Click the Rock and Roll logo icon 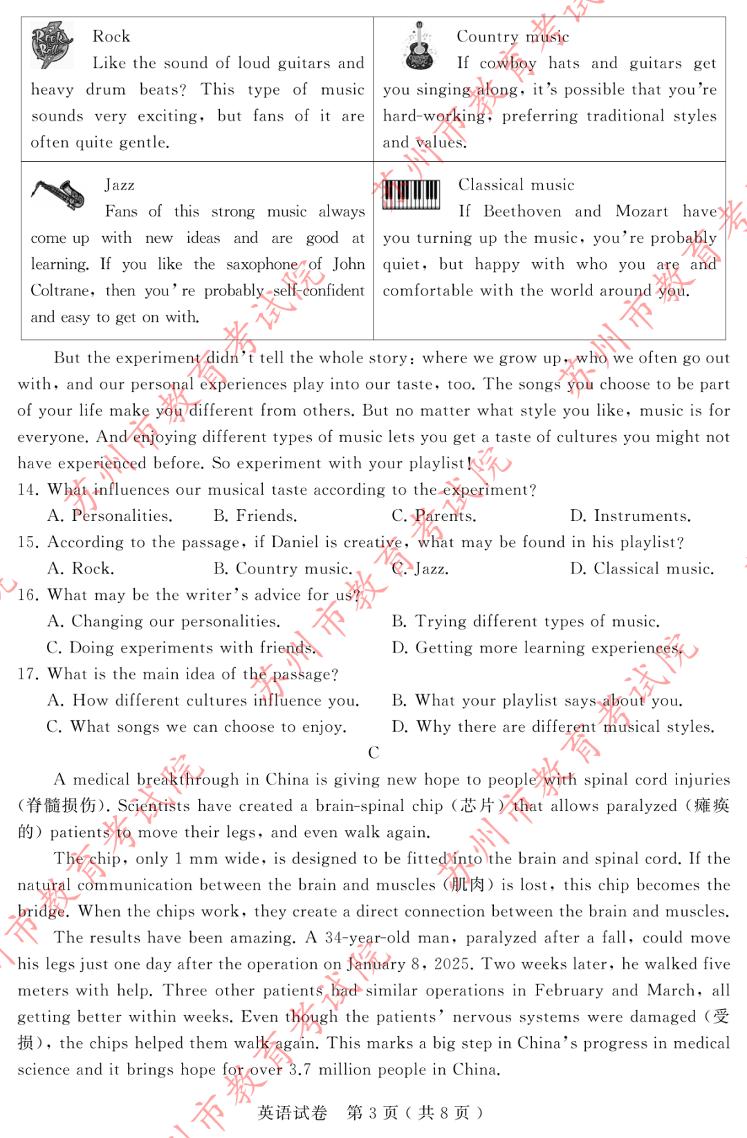52,45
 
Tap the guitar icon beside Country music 418,46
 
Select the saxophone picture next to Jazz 58,194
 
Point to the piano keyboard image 412,194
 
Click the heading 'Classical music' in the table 516,185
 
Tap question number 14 27,490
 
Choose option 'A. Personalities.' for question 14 110,516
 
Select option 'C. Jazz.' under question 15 420,569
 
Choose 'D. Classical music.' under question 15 642,569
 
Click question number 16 27,595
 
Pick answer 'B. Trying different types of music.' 526,621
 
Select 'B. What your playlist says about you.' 537,700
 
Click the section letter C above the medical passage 373,753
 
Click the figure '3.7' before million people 299,1070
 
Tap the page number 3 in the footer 373,1112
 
